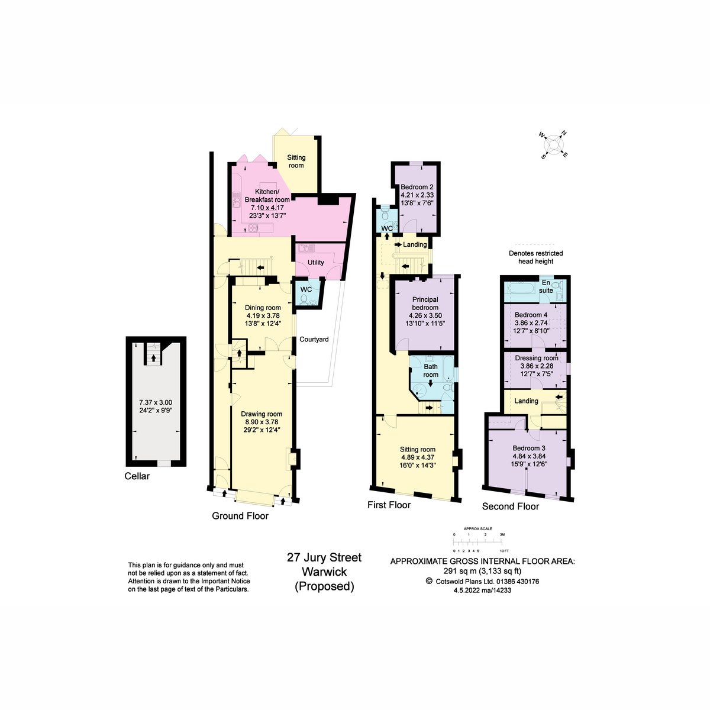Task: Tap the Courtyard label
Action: tap(314, 340)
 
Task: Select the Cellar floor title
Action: tap(137, 476)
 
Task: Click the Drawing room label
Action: tap(262, 414)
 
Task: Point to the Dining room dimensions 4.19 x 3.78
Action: tap(263, 316)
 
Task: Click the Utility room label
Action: tap(316, 262)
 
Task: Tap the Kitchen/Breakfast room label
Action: tap(267, 196)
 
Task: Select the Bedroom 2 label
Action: tap(417, 187)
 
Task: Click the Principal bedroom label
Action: tap(425, 304)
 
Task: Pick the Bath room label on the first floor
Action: tap(431, 370)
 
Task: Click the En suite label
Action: tap(546, 286)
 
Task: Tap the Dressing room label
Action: tap(537, 358)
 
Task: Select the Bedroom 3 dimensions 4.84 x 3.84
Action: tap(529, 456)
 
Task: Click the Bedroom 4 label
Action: tap(531, 315)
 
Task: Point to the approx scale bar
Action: tap(478, 541)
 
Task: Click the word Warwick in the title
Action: tap(324, 572)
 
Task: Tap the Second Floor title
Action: tap(510, 506)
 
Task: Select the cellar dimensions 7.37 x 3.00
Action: tap(156, 402)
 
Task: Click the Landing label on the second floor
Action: tap(526, 401)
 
